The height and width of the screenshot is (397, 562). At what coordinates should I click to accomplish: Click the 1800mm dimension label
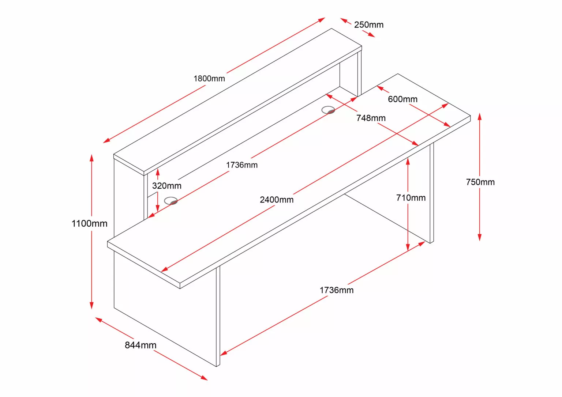click(x=209, y=78)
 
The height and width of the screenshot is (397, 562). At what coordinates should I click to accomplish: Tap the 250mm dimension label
click(x=368, y=25)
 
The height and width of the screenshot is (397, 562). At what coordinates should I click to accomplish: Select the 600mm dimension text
click(x=402, y=99)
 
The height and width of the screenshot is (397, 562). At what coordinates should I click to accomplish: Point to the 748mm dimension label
click(x=371, y=118)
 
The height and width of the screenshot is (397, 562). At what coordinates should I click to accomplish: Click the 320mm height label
click(x=166, y=186)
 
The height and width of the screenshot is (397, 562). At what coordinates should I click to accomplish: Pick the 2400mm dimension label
click(x=277, y=200)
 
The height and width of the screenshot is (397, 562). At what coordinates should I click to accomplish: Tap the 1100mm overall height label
click(x=89, y=223)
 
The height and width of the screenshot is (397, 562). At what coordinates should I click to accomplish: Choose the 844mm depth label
click(x=140, y=345)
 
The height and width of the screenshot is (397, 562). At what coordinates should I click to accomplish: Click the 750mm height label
click(x=480, y=182)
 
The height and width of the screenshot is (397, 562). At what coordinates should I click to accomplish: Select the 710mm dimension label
click(x=411, y=198)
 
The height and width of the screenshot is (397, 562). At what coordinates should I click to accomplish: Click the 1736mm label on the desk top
click(x=241, y=165)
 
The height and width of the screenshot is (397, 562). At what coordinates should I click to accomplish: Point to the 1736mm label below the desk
click(x=336, y=290)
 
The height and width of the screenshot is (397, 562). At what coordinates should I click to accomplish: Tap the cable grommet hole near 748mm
click(x=328, y=110)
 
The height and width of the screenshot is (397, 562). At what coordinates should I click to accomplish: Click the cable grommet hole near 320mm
click(x=171, y=201)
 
